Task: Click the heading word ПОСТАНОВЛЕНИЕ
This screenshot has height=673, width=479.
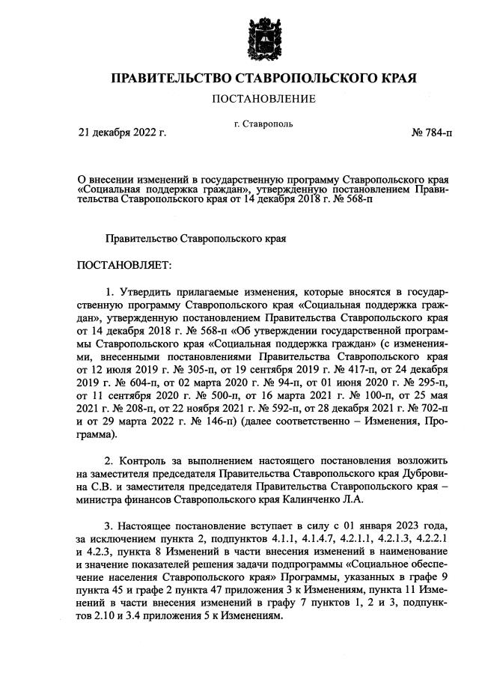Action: [263, 99]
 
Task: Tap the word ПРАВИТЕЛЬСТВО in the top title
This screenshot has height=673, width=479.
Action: [171, 78]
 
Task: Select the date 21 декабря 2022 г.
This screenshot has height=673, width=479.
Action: [122, 133]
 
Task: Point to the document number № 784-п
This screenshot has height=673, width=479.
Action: [432, 133]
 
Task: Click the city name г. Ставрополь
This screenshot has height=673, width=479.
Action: [263, 124]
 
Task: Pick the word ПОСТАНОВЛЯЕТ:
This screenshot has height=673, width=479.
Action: [124, 265]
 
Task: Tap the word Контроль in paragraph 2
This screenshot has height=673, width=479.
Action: [145, 457]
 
